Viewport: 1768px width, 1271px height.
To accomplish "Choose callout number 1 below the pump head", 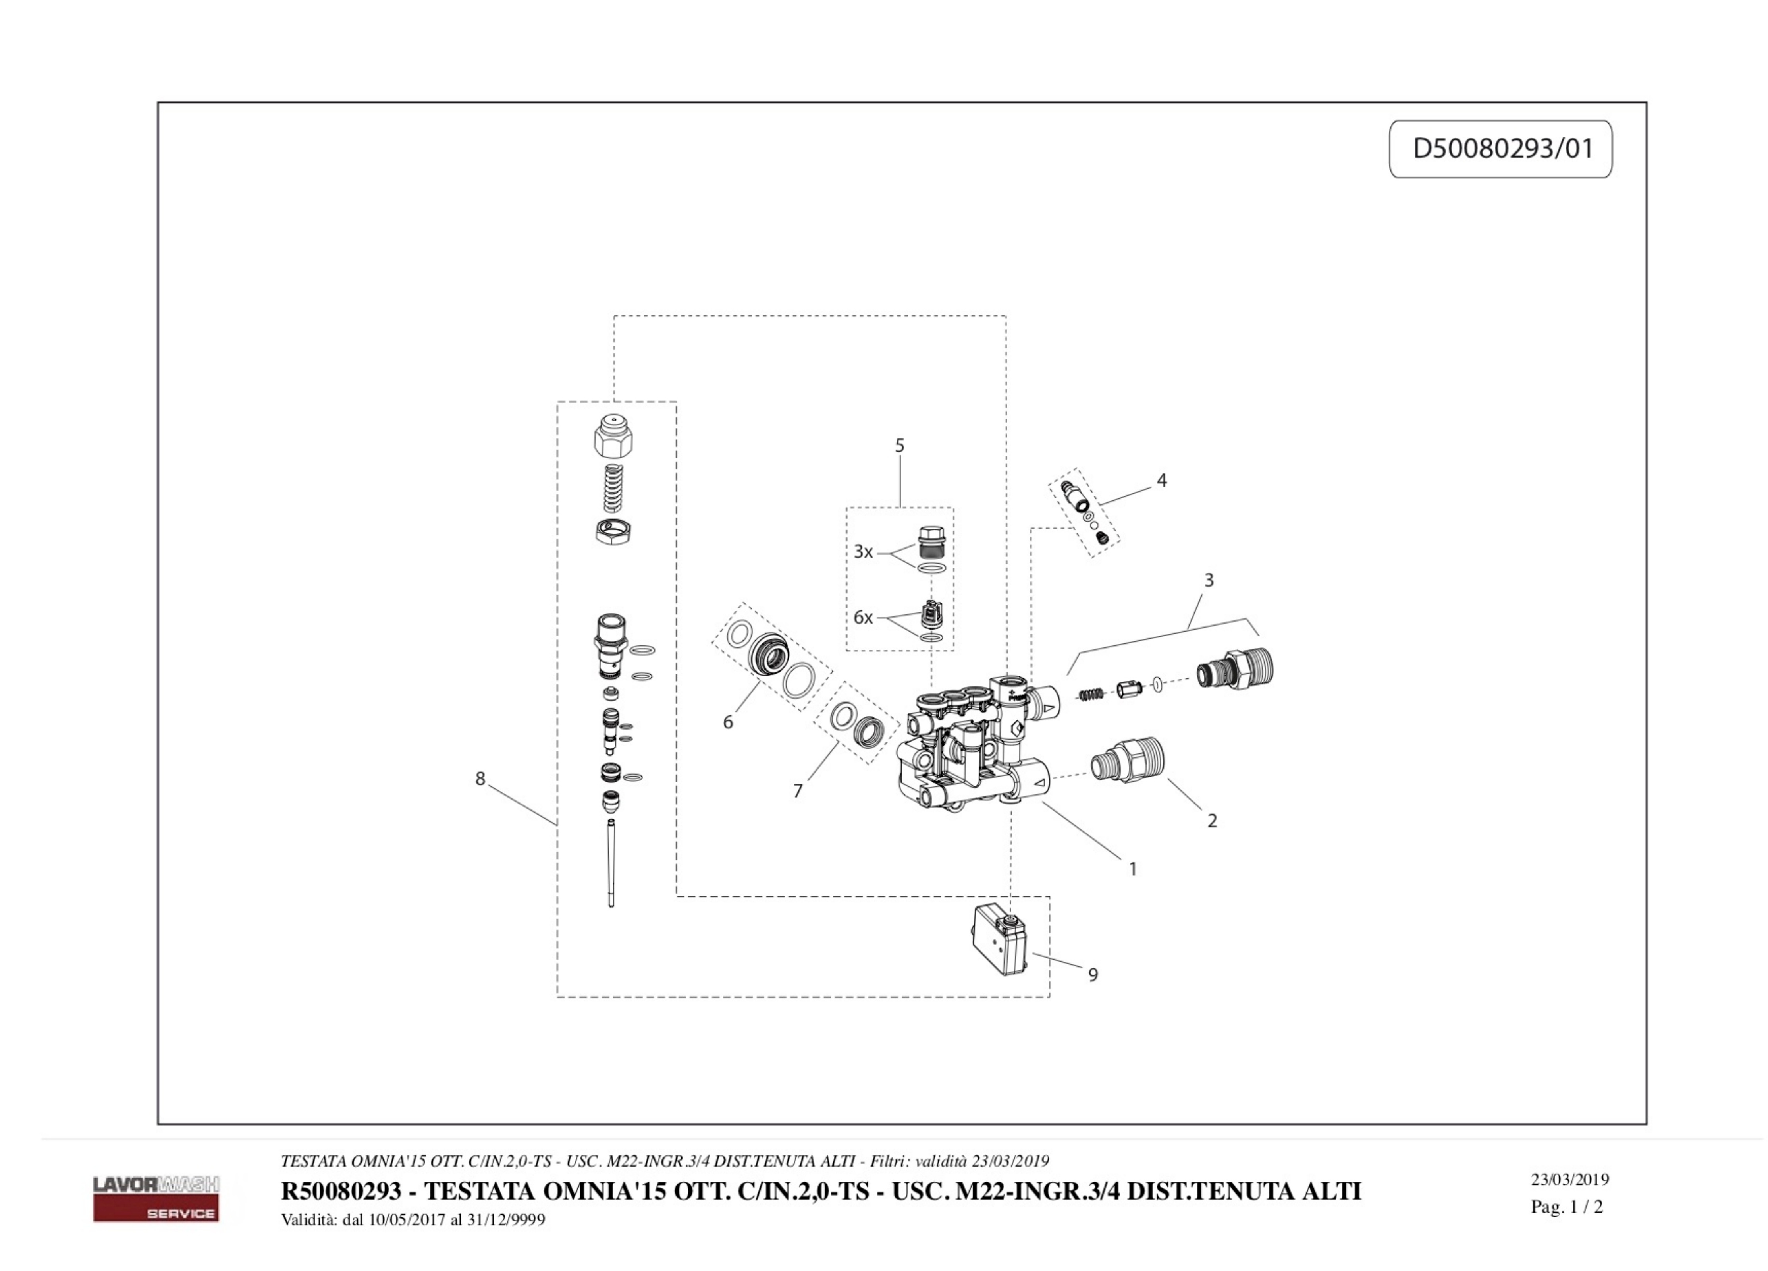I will (x=1133, y=869).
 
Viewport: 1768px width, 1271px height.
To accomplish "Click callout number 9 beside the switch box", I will (x=1093, y=975).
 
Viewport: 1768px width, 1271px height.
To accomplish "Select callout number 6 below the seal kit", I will (x=727, y=722).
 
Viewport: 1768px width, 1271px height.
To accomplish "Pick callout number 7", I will (x=798, y=791).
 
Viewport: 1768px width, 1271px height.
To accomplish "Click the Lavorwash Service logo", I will (x=156, y=1198).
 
